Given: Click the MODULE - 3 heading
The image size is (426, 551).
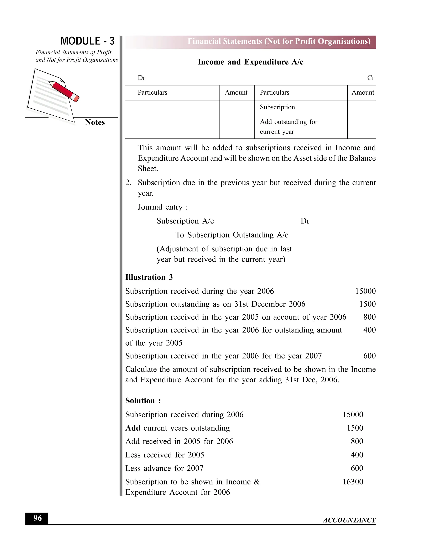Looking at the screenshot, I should click(87, 41).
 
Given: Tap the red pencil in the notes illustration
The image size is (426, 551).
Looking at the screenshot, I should click(64, 91).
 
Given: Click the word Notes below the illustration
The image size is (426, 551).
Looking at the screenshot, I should click(95, 122).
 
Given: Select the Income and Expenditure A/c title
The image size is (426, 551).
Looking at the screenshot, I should click(250, 62).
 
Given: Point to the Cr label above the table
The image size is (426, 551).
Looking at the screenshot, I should click(370, 78).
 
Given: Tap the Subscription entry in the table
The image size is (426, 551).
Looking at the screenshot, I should click(277, 107).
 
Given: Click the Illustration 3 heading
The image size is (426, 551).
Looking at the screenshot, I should click(149, 277).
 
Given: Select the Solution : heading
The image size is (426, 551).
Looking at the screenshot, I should click(143, 401).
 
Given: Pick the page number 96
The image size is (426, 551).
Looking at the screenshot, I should click(37, 518).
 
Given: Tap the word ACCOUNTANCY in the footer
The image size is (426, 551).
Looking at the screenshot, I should click(349, 520).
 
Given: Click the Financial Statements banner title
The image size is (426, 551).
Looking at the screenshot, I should click(279, 41).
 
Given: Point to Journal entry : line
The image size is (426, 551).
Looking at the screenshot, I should click(162, 207).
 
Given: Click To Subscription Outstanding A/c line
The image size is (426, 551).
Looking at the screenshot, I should click(232, 235).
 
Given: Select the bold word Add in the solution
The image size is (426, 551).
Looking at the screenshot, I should click(133, 428).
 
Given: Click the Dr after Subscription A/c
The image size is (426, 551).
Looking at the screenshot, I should click(305, 221).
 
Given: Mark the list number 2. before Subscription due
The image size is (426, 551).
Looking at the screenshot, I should click(128, 183).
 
